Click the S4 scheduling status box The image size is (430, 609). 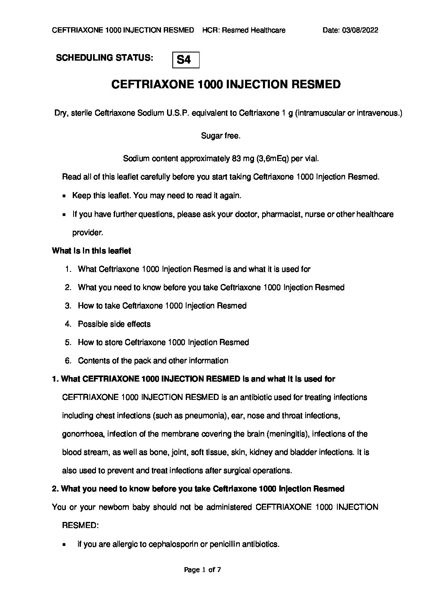tap(186, 60)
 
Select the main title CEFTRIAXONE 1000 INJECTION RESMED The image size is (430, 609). tap(226, 84)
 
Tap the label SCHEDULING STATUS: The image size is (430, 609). tap(104, 57)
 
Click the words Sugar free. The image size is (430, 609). tap(221, 136)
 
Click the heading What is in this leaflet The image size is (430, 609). tap(91, 251)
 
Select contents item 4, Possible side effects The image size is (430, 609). tap(114, 324)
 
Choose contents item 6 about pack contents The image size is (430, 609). tap(153, 360)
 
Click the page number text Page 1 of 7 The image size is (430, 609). tap(202, 570)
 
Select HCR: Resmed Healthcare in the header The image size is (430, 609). tap(244, 30)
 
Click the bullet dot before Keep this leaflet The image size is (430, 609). tap(65, 196)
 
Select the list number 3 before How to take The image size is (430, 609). tap(68, 306)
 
